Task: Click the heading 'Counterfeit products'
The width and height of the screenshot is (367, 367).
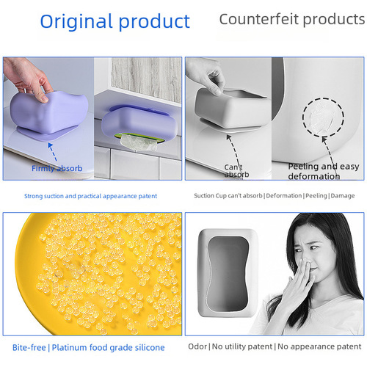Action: click(x=292, y=20)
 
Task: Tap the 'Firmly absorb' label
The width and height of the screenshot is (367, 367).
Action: click(x=57, y=169)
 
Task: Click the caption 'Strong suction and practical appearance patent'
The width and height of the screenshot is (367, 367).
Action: click(x=90, y=196)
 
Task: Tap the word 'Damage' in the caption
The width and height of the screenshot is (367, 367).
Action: click(x=343, y=196)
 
